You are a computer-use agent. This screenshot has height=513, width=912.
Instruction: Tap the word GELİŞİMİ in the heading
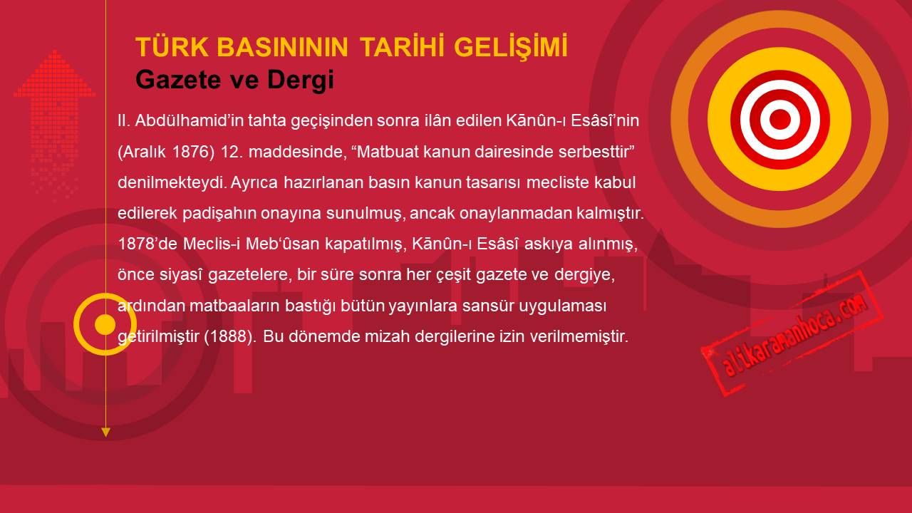511,47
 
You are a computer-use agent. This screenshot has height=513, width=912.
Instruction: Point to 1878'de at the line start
147,244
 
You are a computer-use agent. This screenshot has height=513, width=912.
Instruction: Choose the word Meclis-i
212,244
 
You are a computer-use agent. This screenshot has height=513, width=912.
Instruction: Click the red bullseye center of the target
779,120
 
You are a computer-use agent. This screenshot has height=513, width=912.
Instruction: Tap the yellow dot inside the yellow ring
105,324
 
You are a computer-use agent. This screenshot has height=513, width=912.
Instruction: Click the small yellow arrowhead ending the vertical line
105,432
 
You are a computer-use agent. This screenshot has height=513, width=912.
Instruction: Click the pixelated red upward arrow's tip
55,51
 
